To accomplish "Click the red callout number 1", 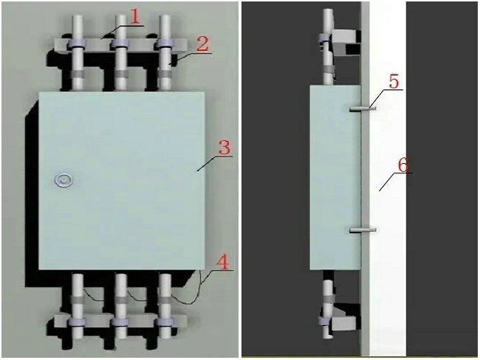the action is click(135, 17).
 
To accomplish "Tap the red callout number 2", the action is click(202, 45).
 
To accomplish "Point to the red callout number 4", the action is click(222, 262).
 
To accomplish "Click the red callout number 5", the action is click(394, 82).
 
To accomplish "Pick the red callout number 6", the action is click(403, 165).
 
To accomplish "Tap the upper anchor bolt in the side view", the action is click(363, 108).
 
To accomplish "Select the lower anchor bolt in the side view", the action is click(363, 229).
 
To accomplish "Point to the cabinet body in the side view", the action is click(335, 177).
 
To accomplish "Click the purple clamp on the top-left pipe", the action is click(75, 44).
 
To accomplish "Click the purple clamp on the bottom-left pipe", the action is click(77, 321).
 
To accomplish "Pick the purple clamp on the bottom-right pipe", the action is click(165, 321).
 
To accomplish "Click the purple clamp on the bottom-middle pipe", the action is click(120, 321).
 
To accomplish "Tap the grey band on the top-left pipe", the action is click(77, 74).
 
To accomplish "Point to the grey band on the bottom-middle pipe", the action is click(121, 299).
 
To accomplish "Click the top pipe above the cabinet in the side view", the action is click(328, 46).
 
